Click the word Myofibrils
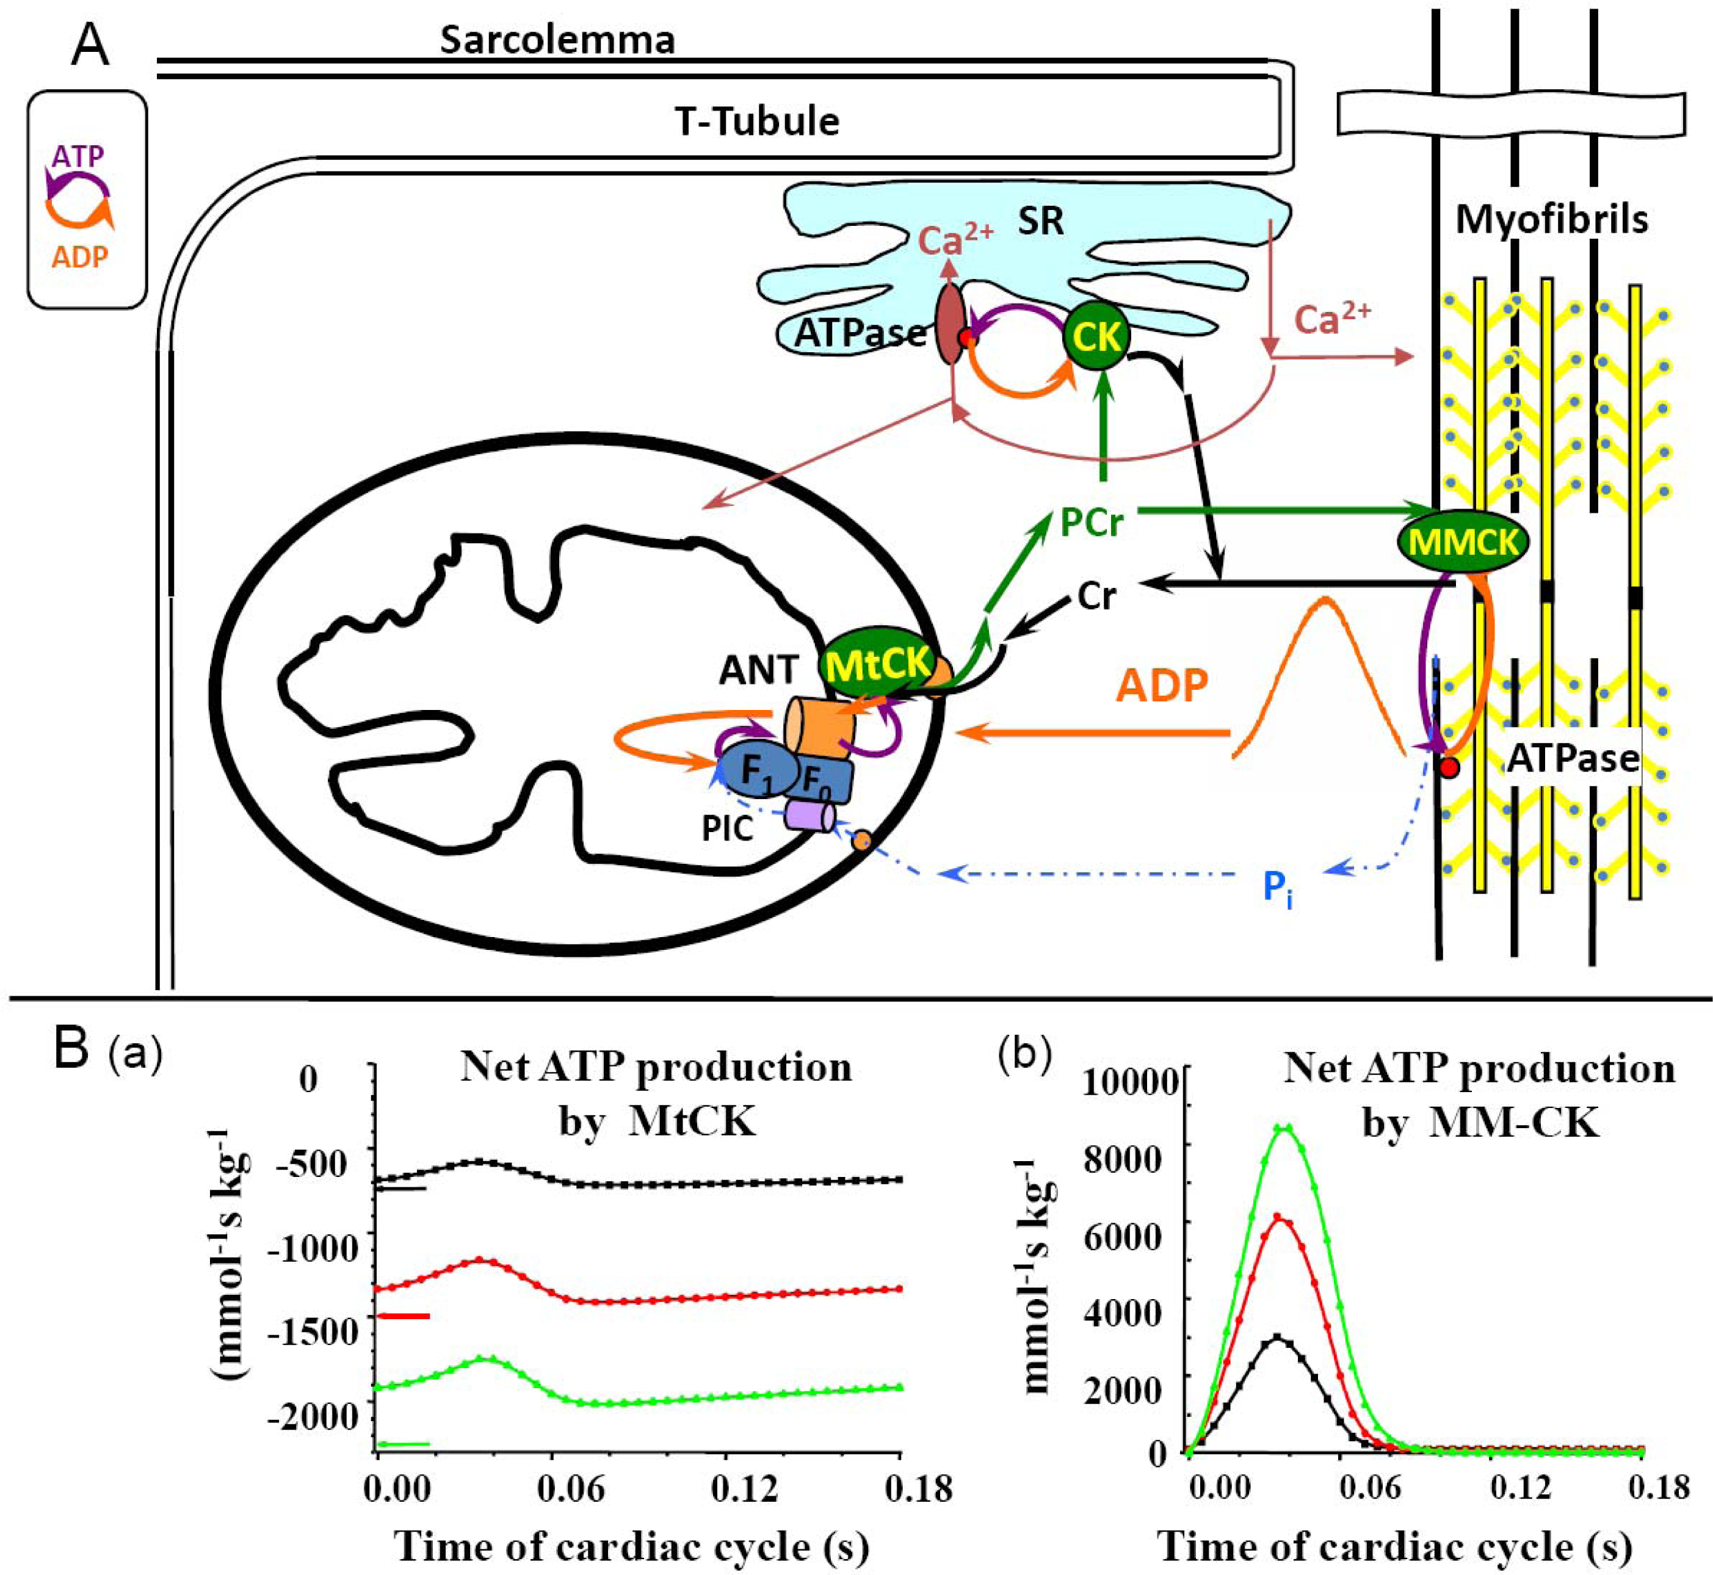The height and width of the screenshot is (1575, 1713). [x=1551, y=219]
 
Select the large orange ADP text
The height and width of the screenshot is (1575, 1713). [x=1162, y=685]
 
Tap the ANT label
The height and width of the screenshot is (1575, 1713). [x=758, y=671]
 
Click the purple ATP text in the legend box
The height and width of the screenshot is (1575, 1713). [x=78, y=156]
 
